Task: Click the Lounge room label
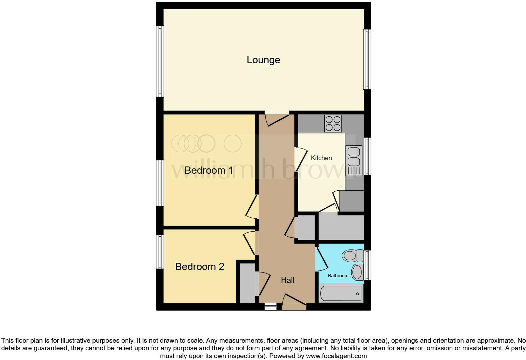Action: (x=263, y=60)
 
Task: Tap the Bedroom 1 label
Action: (x=209, y=170)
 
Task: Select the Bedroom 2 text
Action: (x=199, y=267)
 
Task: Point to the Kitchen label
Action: (x=321, y=158)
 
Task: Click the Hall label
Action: (x=288, y=280)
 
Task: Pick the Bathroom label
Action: (x=338, y=276)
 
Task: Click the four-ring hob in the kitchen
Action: (x=333, y=123)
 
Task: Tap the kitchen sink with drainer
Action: (x=354, y=160)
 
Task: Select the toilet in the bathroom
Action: (x=352, y=256)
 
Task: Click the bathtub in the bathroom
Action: (x=341, y=293)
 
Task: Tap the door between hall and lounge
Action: (x=277, y=120)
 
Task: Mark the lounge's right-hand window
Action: (x=367, y=59)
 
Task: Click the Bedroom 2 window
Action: (x=160, y=252)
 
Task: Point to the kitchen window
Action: (x=367, y=156)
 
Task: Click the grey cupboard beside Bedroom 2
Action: (x=247, y=284)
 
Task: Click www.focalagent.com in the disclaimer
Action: (x=336, y=356)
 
